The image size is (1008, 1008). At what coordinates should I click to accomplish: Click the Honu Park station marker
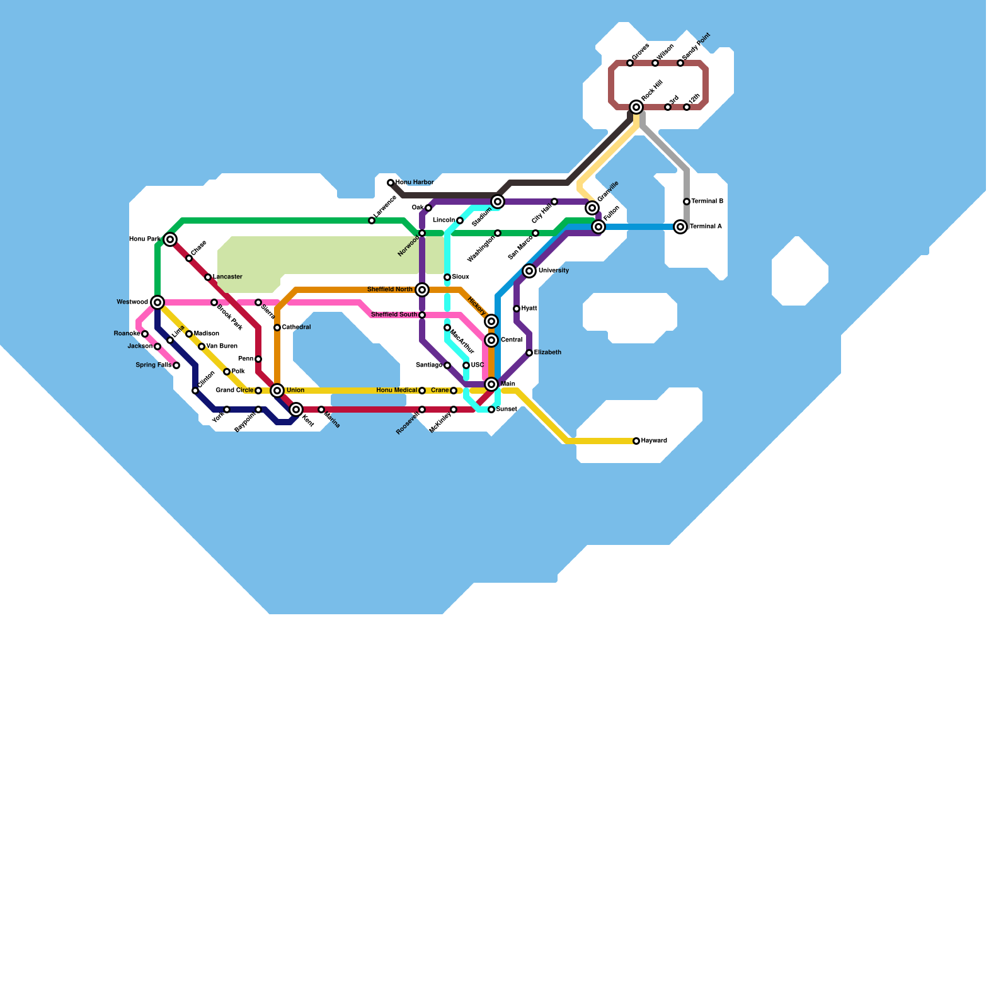click(170, 239)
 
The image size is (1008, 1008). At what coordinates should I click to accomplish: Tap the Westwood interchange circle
click(157, 302)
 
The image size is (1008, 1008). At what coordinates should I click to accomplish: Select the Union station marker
click(277, 391)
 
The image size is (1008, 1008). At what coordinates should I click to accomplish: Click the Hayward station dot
click(636, 441)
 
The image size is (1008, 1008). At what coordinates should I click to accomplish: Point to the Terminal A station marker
click(680, 227)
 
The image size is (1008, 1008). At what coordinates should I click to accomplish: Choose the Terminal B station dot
click(687, 202)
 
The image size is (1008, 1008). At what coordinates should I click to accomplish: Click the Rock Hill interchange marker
click(636, 107)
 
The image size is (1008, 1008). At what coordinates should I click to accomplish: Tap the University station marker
click(529, 271)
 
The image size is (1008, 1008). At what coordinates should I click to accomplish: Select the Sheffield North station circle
click(422, 290)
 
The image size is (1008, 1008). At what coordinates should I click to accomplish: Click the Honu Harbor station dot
click(391, 183)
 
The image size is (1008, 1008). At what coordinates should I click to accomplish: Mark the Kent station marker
click(296, 409)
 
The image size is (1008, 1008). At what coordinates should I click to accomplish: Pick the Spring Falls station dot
click(176, 365)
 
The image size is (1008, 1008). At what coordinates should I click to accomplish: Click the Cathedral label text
click(296, 328)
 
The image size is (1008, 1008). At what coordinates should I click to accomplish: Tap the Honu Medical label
click(397, 391)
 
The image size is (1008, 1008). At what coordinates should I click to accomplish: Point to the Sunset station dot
click(491, 409)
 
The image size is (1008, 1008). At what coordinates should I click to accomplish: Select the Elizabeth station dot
click(529, 353)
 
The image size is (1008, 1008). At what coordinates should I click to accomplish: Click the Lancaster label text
click(227, 277)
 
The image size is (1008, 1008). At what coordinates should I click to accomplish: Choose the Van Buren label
click(222, 346)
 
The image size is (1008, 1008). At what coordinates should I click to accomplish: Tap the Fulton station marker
click(598, 227)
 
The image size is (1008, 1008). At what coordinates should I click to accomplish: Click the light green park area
click(328, 255)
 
